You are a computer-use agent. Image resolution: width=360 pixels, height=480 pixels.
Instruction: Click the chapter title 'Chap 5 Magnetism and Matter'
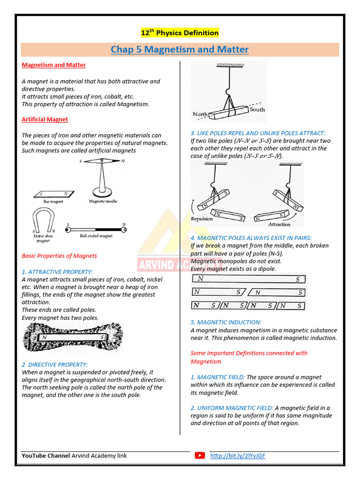[x=180, y=49]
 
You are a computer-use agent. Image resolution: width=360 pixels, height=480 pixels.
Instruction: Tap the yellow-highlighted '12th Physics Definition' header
[x=180, y=32]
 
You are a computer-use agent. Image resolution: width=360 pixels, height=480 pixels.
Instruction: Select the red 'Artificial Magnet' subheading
[x=45, y=120]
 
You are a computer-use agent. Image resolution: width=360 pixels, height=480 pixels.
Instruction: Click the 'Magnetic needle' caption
[x=103, y=202]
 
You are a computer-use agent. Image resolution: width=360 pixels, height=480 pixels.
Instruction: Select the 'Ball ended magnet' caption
[x=96, y=236]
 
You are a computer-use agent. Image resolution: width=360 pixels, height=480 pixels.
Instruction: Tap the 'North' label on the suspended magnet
[x=200, y=114]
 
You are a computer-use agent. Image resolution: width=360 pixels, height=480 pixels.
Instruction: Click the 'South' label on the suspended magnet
[x=257, y=109]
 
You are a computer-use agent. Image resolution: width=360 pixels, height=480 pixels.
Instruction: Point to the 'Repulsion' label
[x=202, y=219]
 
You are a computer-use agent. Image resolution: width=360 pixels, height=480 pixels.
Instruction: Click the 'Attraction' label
[x=279, y=224]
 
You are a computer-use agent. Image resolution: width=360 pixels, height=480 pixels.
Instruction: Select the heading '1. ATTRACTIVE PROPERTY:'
[x=57, y=271]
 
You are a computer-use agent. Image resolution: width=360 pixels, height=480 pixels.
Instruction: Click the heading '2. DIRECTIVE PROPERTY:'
[x=54, y=364]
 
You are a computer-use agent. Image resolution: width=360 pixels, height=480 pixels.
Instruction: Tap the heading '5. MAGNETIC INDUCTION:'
[x=226, y=322]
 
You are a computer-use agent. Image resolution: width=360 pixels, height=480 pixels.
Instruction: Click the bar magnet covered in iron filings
[x=73, y=337]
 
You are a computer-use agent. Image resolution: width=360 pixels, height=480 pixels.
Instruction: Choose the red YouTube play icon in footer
[x=200, y=456]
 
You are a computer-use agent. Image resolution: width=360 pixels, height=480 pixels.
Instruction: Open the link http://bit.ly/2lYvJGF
[x=238, y=456]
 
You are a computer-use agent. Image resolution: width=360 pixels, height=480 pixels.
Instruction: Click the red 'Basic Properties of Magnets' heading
[x=60, y=256]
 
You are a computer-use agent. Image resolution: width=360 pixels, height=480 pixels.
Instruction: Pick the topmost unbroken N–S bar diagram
[x=248, y=279]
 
